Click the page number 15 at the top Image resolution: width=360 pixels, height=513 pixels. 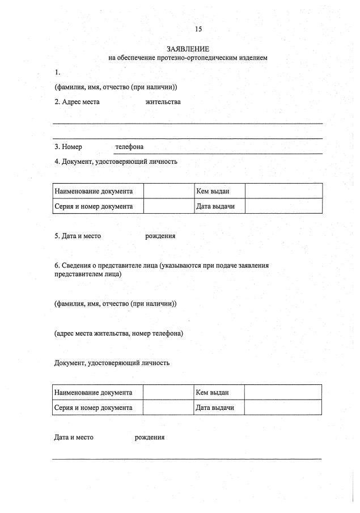198,29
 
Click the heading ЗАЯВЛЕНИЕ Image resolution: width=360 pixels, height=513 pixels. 188,49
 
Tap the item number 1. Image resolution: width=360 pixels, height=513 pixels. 57,73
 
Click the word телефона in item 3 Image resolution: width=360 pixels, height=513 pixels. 129,147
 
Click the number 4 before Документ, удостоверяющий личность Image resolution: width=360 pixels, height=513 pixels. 57,162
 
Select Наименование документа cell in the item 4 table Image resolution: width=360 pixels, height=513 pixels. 94,191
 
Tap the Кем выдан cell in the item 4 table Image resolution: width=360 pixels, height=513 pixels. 212,191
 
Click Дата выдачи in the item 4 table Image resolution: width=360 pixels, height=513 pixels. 215,206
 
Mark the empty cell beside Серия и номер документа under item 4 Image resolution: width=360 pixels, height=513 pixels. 168,206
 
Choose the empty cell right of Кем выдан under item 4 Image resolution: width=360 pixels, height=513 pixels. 283,191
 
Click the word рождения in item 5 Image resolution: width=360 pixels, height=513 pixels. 160,236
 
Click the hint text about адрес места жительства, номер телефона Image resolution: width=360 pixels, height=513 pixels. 118,333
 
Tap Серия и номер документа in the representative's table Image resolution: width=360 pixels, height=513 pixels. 94,408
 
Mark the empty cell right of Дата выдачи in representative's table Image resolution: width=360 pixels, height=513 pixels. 283,408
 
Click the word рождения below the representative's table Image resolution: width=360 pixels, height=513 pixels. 150,438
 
